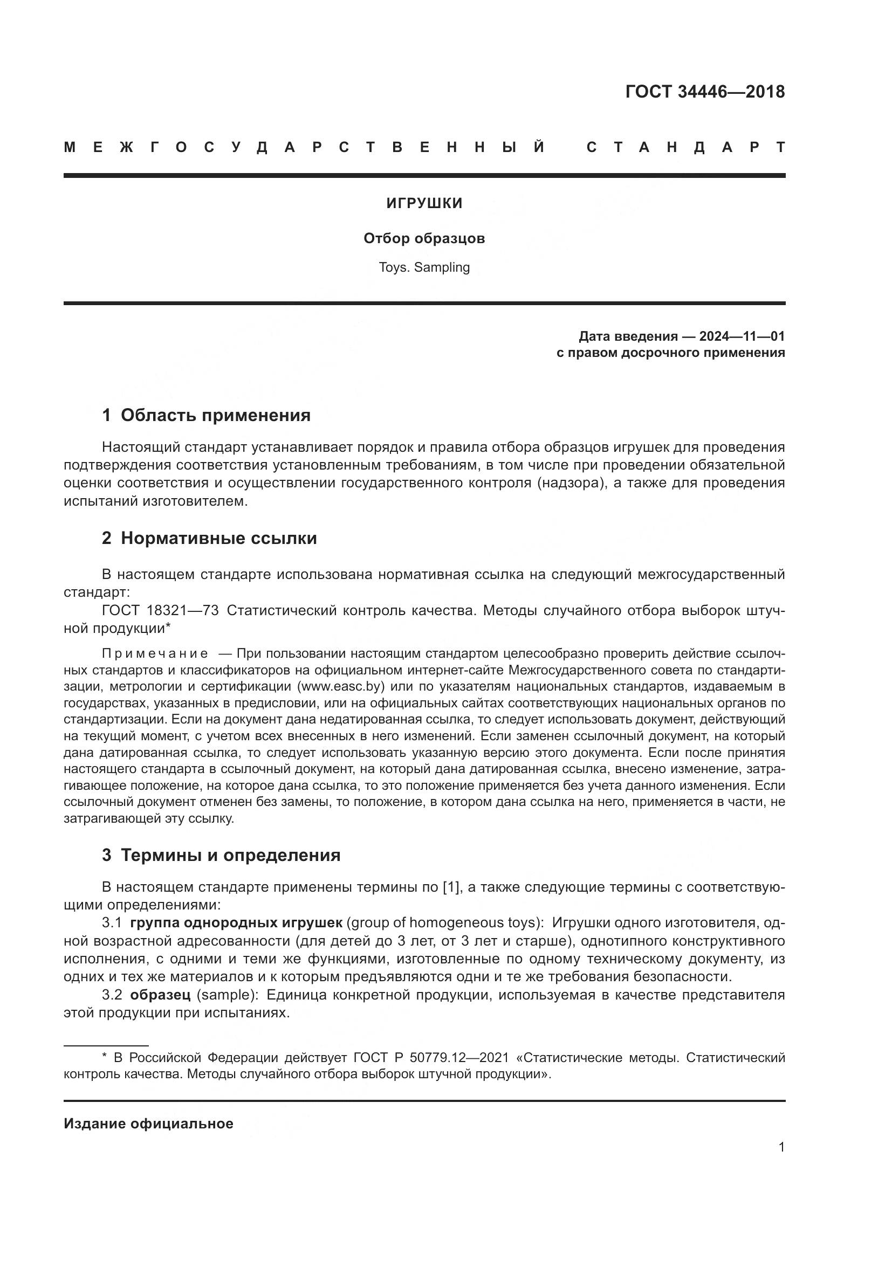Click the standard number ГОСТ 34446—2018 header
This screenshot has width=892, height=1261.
(x=705, y=92)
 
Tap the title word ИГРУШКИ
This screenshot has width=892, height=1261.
(x=424, y=204)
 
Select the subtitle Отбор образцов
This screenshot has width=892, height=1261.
(x=424, y=238)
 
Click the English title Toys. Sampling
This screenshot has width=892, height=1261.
(x=424, y=267)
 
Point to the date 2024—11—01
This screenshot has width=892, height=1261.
(x=742, y=336)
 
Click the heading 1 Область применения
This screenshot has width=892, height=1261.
(x=206, y=415)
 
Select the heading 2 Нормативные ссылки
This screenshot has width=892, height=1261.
(x=209, y=538)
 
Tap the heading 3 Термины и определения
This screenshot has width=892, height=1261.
(x=221, y=855)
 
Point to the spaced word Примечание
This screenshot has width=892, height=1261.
(x=155, y=653)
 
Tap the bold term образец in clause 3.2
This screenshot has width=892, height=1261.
(x=160, y=995)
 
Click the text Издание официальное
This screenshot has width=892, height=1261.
(x=148, y=1124)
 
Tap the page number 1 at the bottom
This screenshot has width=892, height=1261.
(x=781, y=1147)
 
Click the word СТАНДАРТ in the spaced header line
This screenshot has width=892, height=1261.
(x=685, y=147)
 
